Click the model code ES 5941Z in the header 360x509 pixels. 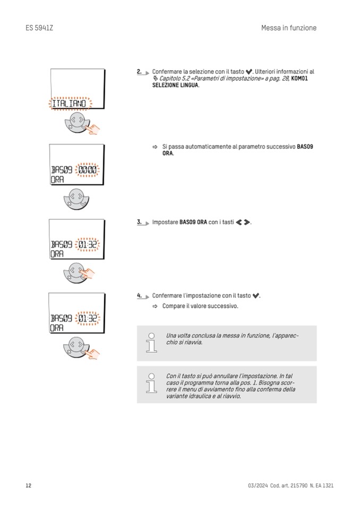[x=39, y=28]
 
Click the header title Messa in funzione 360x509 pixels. [x=288, y=28]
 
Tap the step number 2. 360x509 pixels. [x=139, y=71]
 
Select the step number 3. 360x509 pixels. [x=139, y=222]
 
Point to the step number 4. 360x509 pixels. [x=139, y=295]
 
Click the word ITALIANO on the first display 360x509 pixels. [x=69, y=103]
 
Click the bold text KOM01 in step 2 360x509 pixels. [x=299, y=78]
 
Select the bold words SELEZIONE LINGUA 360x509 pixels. [x=175, y=85]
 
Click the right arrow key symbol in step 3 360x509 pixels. [x=246, y=222]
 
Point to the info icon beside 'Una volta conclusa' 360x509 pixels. [x=151, y=343]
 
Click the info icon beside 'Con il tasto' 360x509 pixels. [x=151, y=383]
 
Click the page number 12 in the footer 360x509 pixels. [x=29, y=486]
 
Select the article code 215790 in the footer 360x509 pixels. [x=297, y=486]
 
